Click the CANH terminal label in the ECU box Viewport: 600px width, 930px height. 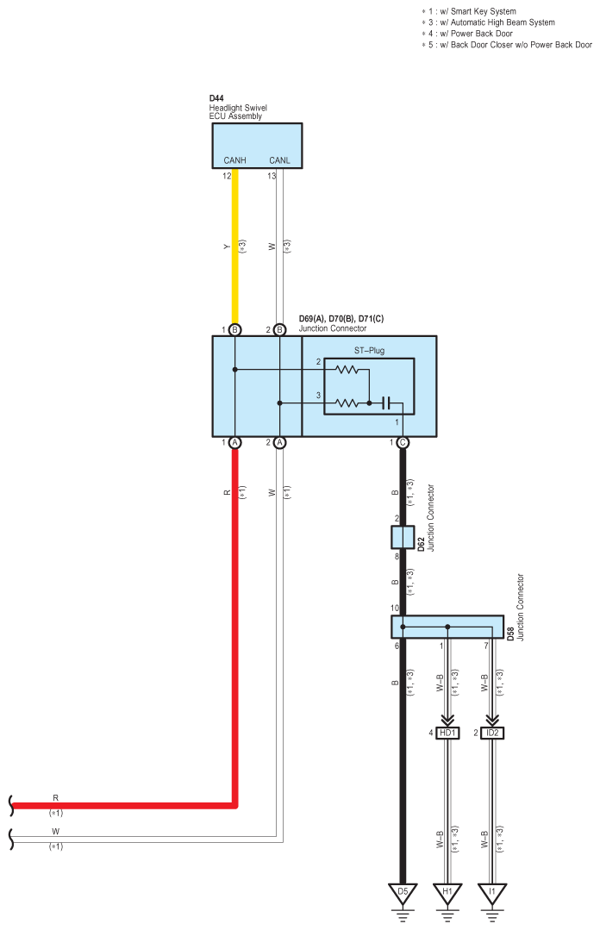[234, 160]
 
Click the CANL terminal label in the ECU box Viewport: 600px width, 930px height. [279, 160]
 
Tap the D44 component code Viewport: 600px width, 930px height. [216, 98]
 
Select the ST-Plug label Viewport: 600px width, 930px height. [369, 351]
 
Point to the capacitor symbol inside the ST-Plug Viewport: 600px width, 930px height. [386, 403]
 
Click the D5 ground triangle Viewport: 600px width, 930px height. [403, 893]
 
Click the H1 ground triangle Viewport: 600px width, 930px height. [447, 893]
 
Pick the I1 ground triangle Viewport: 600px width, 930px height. [492, 893]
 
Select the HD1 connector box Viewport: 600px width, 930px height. [447, 733]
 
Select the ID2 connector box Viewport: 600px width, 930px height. [492, 733]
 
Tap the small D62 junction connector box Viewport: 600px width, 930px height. [403, 537]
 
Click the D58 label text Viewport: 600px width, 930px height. [510, 634]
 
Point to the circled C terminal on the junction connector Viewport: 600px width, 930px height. [403, 442]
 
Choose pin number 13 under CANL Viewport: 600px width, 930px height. [272, 176]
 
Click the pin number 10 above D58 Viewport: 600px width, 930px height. [395, 608]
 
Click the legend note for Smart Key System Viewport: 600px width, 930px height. [469, 11]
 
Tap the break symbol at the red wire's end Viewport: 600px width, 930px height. [11, 805]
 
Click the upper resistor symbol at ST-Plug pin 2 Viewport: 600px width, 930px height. [347, 370]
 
